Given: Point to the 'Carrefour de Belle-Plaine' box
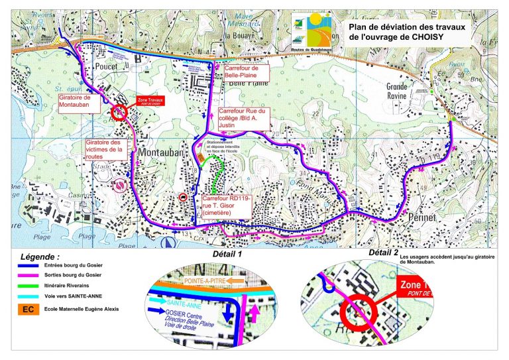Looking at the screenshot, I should coord(245,72).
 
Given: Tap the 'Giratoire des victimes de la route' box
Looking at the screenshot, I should coord(104,150).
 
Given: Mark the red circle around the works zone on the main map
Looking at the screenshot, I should coord(119,112).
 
